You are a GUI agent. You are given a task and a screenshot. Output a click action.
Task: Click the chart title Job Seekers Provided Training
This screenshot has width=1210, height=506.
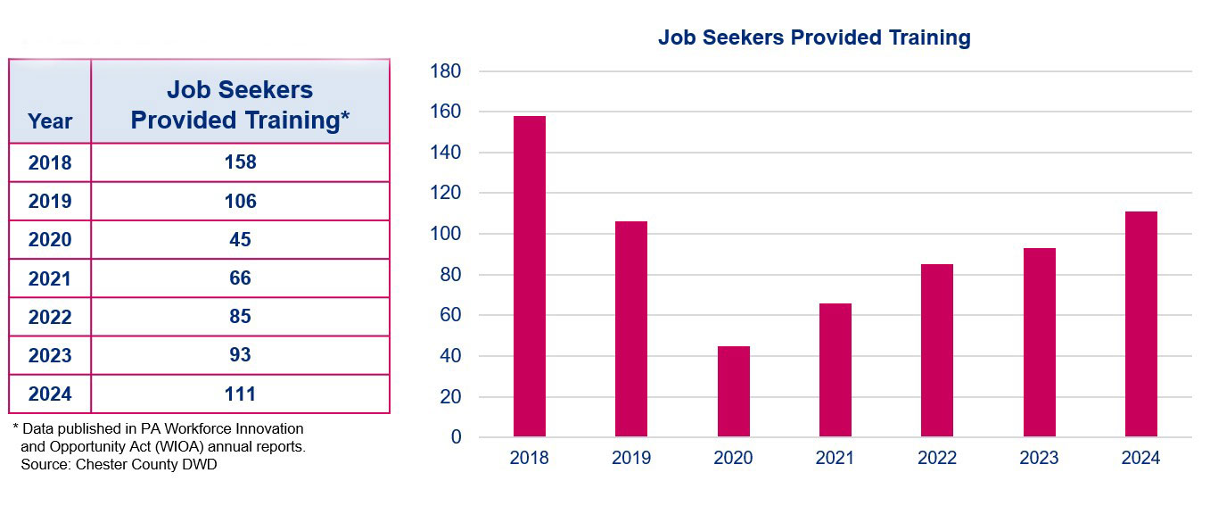pyautogui.click(x=813, y=37)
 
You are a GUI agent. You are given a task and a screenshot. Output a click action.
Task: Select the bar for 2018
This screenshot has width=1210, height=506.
pyautogui.click(x=530, y=277)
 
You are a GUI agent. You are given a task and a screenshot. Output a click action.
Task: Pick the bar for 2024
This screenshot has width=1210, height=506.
pyautogui.click(x=1140, y=324)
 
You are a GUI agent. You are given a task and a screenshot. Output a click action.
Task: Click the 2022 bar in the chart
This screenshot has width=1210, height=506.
pyautogui.click(x=937, y=350)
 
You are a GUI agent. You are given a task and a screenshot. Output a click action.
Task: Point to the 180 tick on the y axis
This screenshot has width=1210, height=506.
pyautogui.click(x=445, y=71)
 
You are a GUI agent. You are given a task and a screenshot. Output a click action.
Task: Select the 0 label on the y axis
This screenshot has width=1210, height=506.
pyautogui.click(x=456, y=437)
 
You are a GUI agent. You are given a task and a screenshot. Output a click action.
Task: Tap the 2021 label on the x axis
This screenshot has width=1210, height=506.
pyautogui.click(x=835, y=458)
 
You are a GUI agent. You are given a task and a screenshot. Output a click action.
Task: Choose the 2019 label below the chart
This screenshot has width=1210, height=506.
pyautogui.click(x=631, y=458)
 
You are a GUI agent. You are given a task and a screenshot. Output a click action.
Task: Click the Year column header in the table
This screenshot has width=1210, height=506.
pyautogui.click(x=50, y=121)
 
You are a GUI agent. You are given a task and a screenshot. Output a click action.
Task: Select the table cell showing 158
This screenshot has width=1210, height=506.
pyautogui.click(x=240, y=162)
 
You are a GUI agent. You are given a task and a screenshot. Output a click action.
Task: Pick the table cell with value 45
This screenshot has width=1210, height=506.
pyautogui.click(x=240, y=240)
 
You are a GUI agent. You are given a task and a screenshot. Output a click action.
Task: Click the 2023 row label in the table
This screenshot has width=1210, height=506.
pyautogui.click(x=50, y=355)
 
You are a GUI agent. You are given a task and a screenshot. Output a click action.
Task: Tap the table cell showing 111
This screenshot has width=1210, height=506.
pyautogui.click(x=240, y=394)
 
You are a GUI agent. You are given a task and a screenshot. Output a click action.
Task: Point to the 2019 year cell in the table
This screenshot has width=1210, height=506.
pyautogui.click(x=50, y=202)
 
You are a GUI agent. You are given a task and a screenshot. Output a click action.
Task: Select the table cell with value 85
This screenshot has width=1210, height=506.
pyautogui.click(x=240, y=317)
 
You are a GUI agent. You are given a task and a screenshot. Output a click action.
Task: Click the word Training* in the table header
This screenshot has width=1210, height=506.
pyautogui.click(x=295, y=120)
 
